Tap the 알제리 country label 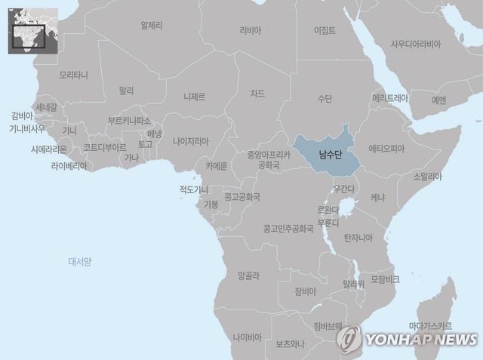(x=152, y=25)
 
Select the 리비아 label (x=250, y=31)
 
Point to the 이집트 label (x=325, y=31)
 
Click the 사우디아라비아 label (x=416, y=44)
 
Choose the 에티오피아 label (x=386, y=149)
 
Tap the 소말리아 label (x=427, y=177)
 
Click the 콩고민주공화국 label (x=288, y=227)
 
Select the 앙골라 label (x=250, y=275)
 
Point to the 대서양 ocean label (x=79, y=262)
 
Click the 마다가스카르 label (x=430, y=326)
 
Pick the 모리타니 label (x=73, y=75)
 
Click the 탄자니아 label (x=358, y=238)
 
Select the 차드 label (x=258, y=94)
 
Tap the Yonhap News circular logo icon (x=349, y=339)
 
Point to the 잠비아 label (x=306, y=291)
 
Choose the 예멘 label (x=438, y=100)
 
